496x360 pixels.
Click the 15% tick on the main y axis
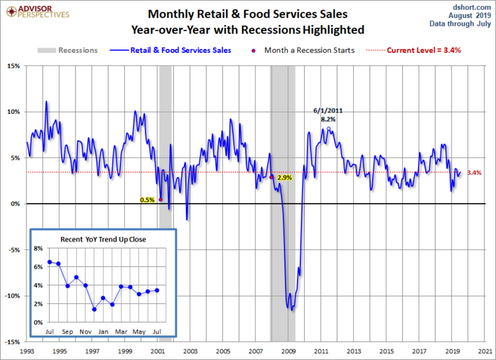point(13,66)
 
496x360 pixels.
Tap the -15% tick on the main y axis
point(12,342)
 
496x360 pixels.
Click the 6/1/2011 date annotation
point(328,111)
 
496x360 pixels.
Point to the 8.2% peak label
point(328,119)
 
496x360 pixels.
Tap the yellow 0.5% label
point(147,199)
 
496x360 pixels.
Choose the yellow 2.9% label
point(284,178)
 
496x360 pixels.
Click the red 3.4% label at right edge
point(474,173)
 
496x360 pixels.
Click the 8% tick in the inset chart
point(38,249)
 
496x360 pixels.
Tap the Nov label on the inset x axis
point(85,331)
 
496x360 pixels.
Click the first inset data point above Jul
point(50,262)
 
